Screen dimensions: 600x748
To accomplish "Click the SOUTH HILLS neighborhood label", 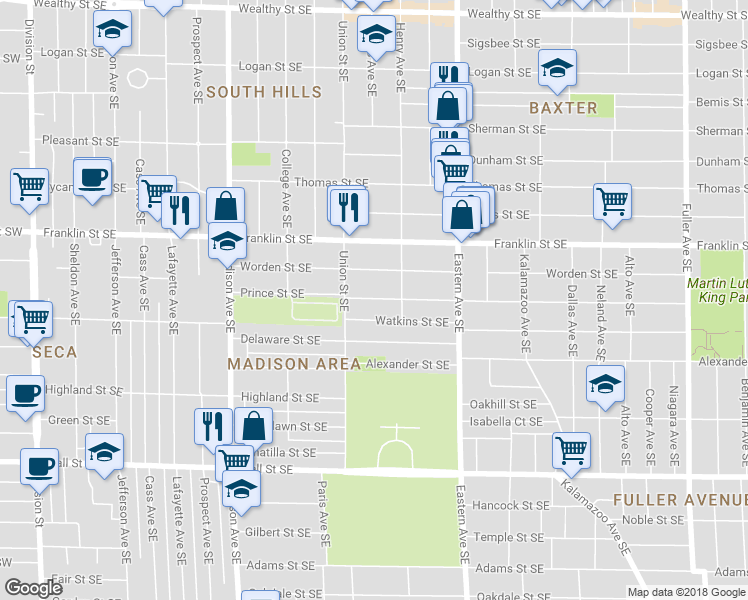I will (x=264, y=92).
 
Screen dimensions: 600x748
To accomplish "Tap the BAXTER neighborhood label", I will (x=564, y=107).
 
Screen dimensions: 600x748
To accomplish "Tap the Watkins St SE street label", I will (x=411, y=322).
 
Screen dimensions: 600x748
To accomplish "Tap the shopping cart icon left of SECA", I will (x=33, y=320).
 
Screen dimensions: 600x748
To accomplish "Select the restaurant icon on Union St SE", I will (x=348, y=206).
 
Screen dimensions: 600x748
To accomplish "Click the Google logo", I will (x=33, y=588).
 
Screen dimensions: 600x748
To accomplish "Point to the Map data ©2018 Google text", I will (x=685, y=592).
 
